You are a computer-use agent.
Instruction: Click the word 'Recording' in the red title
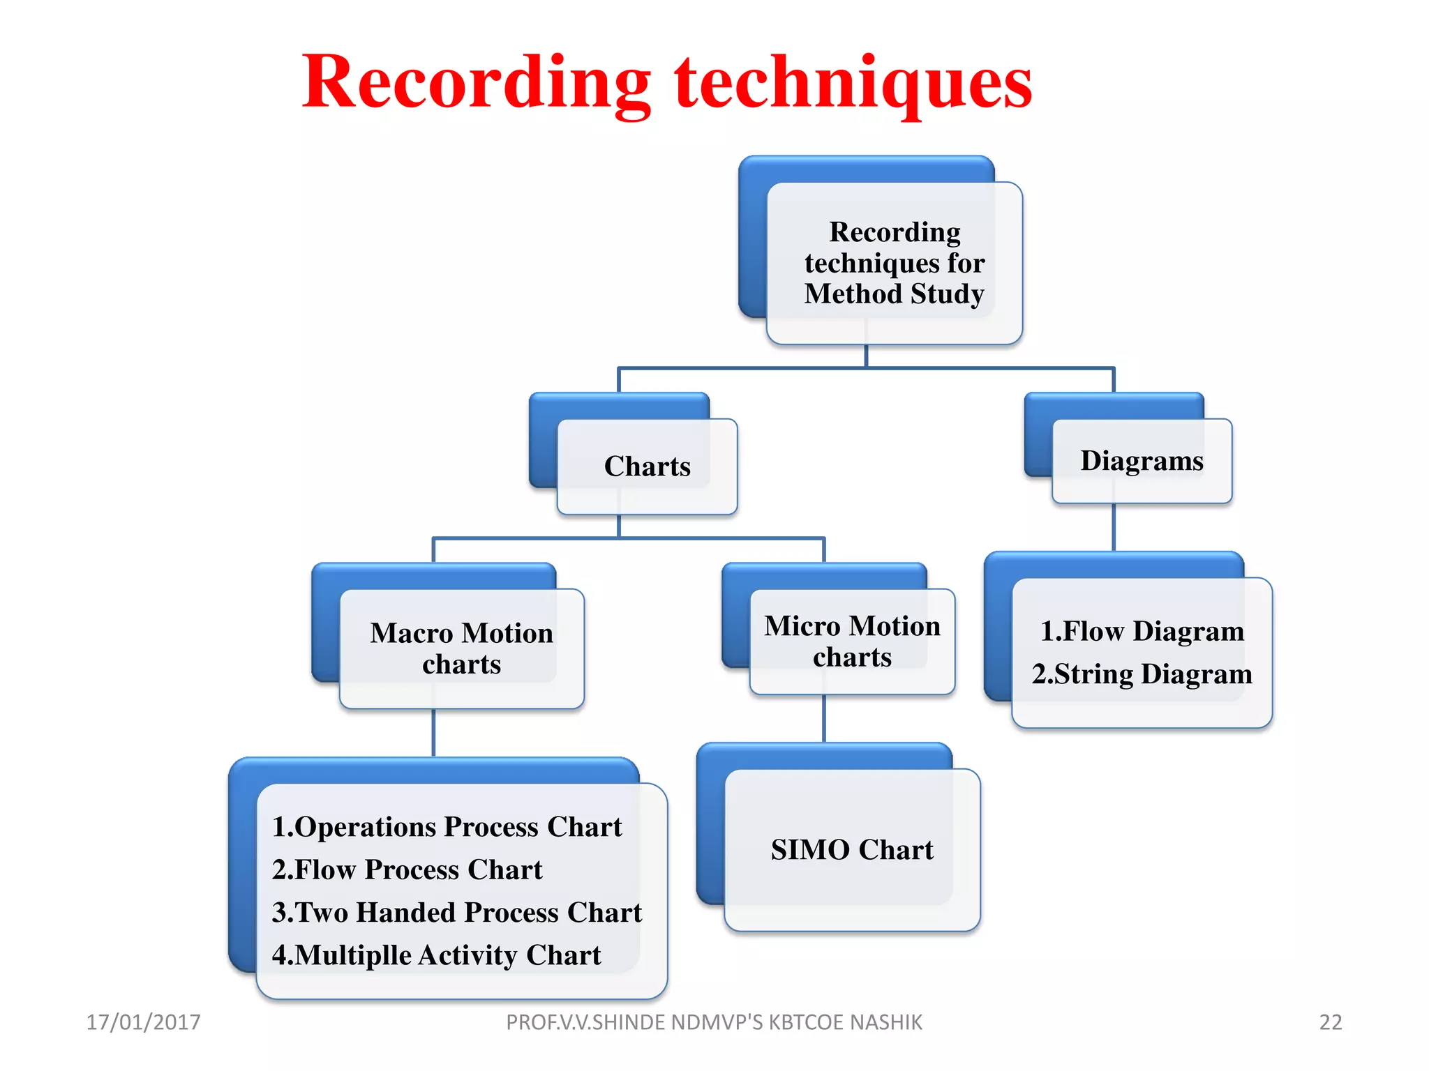476,82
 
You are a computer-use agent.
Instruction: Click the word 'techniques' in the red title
853,82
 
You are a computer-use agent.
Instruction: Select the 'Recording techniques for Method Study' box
894,263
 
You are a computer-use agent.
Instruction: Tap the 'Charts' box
647,466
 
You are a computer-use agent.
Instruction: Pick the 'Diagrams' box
1142,461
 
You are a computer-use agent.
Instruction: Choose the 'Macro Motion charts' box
461,648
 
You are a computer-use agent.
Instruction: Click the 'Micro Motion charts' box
852,641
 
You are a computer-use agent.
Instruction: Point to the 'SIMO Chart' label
852,849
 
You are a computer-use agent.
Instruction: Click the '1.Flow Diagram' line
1142,631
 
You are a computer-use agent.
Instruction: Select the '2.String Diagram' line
1142,674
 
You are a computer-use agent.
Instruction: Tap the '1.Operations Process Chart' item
447,827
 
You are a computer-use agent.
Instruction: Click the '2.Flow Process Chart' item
407,869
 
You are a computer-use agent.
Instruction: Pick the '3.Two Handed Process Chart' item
456,912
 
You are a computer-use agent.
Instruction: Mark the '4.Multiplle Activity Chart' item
436,955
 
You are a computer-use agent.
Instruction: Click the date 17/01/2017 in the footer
143,1022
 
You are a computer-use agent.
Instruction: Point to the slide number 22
1330,1022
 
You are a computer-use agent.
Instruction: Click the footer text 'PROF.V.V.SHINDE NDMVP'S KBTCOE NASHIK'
714,1022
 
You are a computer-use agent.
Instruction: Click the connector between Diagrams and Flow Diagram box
1113,528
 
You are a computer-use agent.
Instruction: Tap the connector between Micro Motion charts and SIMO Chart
824,719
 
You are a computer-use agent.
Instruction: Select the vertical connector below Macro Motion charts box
433,733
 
